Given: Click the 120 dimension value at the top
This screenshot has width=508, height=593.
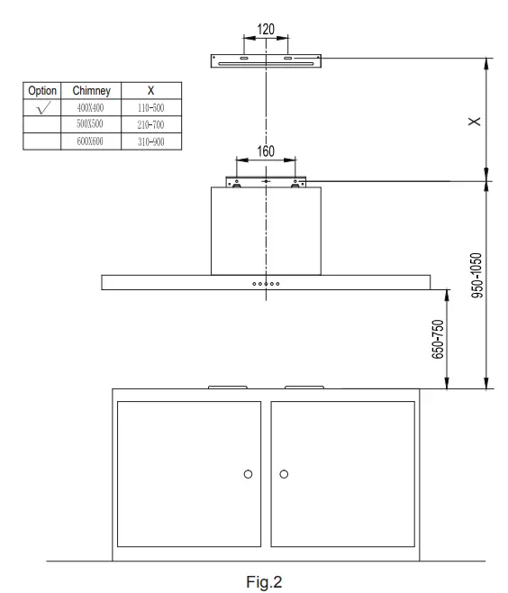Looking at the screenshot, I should pyautogui.click(x=266, y=30).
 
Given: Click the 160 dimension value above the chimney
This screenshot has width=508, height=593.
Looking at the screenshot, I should pyautogui.click(x=266, y=151).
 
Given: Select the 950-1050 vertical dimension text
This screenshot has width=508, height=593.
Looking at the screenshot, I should pyautogui.click(x=478, y=275).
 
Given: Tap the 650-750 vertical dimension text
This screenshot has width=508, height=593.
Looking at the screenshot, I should pyautogui.click(x=440, y=340).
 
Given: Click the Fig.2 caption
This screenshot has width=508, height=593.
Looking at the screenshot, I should pyautogui.click(x=266, y=581).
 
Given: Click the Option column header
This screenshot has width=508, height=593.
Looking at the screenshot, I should pyautogui.click(x=43, y=91).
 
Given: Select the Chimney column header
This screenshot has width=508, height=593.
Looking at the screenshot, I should pyautogui.click(x=90, y=91).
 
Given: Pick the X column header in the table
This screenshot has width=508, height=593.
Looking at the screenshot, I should pyautogui.click(x=150, y=91).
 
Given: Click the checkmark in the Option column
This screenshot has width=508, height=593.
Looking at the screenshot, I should pyautogui.click(x=43, y=107).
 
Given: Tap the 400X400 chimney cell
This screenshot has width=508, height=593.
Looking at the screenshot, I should pyautogui.click(x=91, y=107).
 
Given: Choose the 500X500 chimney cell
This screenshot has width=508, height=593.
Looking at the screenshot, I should pyautogui.click(x=91, y=124).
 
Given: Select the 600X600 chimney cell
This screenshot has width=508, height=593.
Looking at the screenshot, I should pyautogui.click(x=91, y=141).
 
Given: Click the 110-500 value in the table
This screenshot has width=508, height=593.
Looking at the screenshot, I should pyautogui.click(x=150, y=107).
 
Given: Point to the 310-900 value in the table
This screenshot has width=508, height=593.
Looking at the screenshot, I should pyautogui.click(x=150, y=141).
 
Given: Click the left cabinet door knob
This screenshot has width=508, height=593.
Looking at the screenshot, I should pyautogui.click(x=248, y=473).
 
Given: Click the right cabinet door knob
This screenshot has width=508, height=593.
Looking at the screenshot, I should pyautogui.click(x=285, y=473).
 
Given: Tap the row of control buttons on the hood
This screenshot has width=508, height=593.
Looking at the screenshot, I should pyautogui.click(x=266, y=282).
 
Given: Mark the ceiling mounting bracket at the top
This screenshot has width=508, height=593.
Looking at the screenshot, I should pyautogui.click(x=266, y=60).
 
